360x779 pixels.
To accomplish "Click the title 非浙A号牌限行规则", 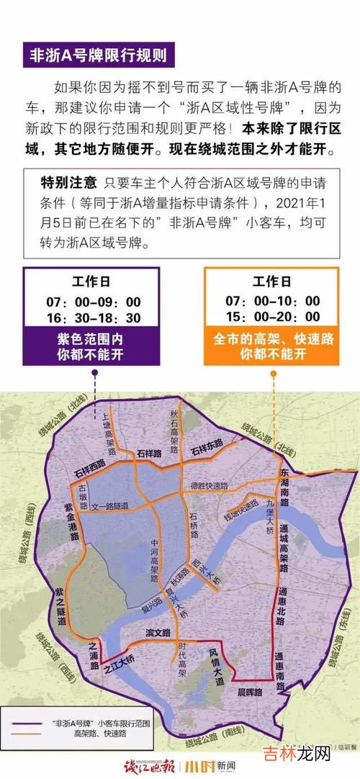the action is click(98, 55).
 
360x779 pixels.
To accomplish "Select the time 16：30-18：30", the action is click(96, 318).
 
